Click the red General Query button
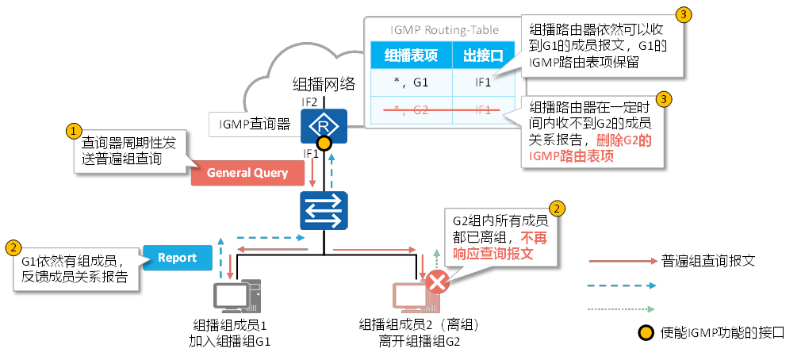coord(247,173)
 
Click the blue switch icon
coord(324,211)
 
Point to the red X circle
coord(436,282)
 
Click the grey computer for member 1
coord(237,297)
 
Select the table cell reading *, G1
coord(412,82)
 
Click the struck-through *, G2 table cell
coord(412,109)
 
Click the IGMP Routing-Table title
coord(445,30)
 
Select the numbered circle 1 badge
coord(73,130)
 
